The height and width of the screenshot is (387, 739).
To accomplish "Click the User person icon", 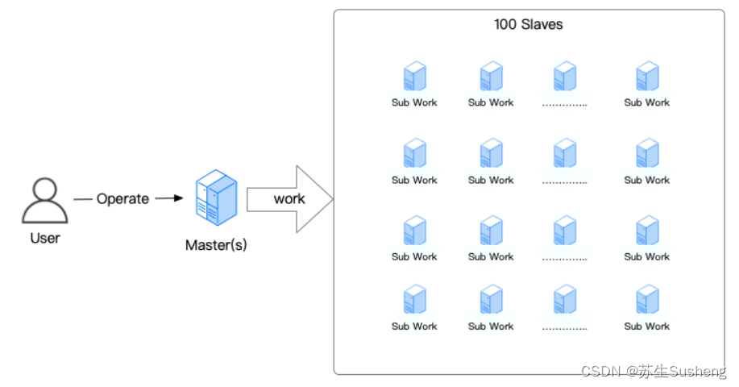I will [x=44, y=202].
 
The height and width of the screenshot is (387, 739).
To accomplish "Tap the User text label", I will [x=45, y=239].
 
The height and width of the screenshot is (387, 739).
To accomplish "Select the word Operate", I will [x=122, y=198].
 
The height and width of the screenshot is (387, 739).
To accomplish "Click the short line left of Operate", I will [x=82, y=198].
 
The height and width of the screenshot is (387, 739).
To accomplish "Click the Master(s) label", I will [x=216, y=245].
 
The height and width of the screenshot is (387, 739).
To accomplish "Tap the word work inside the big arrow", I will [x=289, y=198].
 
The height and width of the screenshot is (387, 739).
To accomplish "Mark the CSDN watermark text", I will [x=600, y=372].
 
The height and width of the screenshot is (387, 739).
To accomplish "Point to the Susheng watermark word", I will [x=698, y=372].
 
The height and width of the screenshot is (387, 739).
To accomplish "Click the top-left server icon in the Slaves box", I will [x=414, y=77].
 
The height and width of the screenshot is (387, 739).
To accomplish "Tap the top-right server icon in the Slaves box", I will [x=647, y=77].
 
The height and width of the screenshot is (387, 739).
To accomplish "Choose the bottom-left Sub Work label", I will [x=414, y=327].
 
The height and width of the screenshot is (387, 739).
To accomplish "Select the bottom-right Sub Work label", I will [x=647, y=327].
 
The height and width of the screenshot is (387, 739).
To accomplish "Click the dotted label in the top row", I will [x=564, y=103].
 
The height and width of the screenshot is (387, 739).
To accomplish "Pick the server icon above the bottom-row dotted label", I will [x=564, y=299].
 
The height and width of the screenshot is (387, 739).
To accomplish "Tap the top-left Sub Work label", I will [x=414, y=102].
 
